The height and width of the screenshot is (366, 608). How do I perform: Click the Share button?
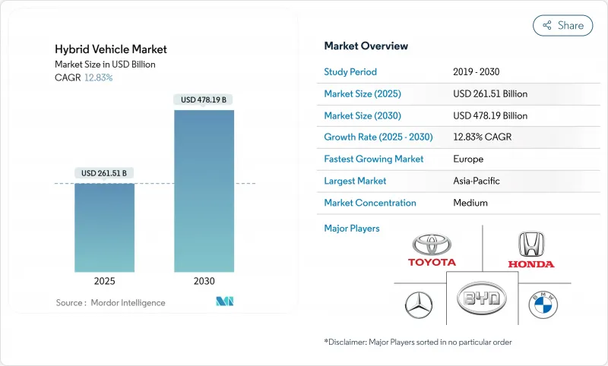(x=562, y=25)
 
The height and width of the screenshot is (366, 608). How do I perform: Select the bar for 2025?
(x=104, y=227)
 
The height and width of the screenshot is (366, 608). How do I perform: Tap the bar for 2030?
(x=204, y=191)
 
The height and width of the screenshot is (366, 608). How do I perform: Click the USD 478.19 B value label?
(x=204, y=99)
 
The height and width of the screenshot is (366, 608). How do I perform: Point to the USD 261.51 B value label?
(x=104, y=173)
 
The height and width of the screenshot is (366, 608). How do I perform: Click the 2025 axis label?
(x=104, y=281)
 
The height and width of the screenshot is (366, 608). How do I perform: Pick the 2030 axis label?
(x=204, y=281)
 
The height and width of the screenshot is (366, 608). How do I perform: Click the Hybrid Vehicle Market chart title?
(x=111, y=49)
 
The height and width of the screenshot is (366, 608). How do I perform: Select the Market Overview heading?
(x=366, y=46)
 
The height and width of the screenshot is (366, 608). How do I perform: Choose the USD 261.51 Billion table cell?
(x=489, y=94)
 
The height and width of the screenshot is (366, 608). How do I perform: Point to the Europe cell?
(x=468, y=159)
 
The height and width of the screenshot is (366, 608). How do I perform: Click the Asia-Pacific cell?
(x=477, y=181)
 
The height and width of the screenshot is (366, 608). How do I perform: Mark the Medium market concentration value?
(x=470, y=203)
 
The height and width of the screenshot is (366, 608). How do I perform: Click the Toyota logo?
(x=432, y=250)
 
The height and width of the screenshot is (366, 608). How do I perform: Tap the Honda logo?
(x=531, y=250)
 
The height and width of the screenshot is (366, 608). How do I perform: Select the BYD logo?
(x=481, y=298)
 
